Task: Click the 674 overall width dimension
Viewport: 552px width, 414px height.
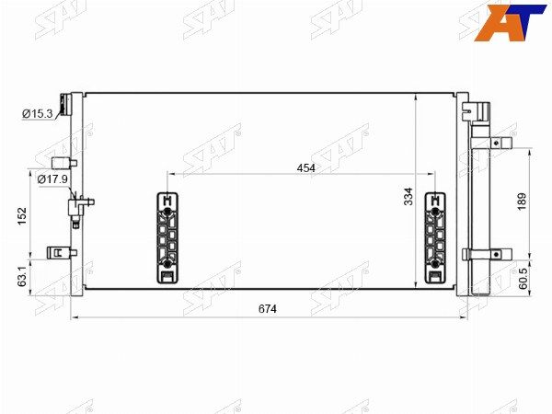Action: [x=268, y=309]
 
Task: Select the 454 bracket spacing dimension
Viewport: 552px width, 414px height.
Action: [x=306, y=168]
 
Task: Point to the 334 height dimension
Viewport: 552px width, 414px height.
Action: [x=408, y=197]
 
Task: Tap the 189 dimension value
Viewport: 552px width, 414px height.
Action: [x=522, y=201]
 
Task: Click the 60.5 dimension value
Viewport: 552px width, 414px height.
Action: [x=523, y=279]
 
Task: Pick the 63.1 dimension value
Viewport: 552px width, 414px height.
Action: [x=22, y=276]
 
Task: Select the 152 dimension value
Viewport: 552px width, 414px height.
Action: [x=22, y=216]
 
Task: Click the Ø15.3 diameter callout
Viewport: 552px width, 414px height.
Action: [x=38, y=114]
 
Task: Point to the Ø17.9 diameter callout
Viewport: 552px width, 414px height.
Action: [x=52, y=179]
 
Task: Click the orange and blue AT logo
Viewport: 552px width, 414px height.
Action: [x=510, y=23]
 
